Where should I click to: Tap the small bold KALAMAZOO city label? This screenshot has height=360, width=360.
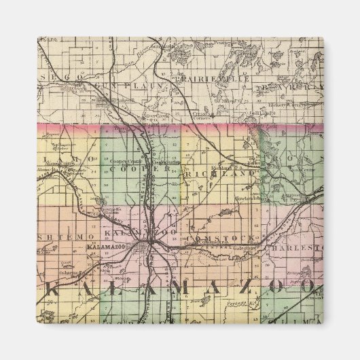point(108,249)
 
